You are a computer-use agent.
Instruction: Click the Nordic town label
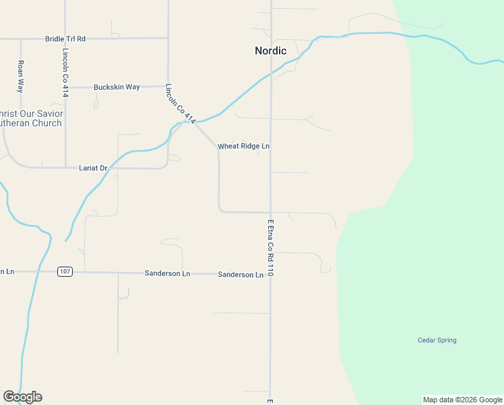pos(270,51)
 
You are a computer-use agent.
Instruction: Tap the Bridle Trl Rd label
pos(65,38)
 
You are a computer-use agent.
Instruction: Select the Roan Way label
pos(21,76)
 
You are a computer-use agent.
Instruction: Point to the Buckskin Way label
pos(117,87)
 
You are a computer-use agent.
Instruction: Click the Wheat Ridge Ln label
pos(243,146)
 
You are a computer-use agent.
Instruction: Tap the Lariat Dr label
pos(93,167)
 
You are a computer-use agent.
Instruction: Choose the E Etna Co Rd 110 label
pos(270,248)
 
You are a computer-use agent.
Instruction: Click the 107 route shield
pos(65,272)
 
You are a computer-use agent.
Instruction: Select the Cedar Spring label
pos(437,340)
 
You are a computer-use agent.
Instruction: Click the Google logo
pos(22,397)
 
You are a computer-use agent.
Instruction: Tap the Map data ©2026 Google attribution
pos(462,400)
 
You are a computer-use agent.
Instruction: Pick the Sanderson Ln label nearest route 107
pos(168,273)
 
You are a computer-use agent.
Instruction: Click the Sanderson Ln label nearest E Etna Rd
pos(241,275)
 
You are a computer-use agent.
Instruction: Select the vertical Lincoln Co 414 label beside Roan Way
pos(65,73)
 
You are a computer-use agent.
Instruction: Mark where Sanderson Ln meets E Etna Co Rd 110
pos(271,274)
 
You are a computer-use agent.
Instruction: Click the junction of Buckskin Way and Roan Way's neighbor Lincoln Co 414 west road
pos(65,87)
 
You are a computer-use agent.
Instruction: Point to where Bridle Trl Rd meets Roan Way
pos(21,38)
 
